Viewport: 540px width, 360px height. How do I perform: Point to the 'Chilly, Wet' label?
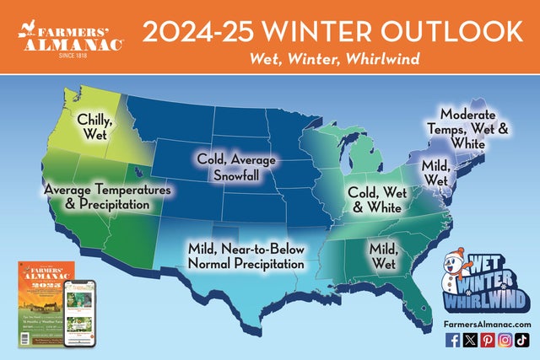pos(95,125)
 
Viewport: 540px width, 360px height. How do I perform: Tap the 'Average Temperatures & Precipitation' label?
pos(107,197)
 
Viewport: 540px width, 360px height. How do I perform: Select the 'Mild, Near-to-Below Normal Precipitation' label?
pos(245,256)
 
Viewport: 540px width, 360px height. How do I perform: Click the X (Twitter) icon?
pos(469,341)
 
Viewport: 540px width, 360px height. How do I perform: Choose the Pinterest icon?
pos(487,341)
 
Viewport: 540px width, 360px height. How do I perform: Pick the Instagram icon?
pos(505,341)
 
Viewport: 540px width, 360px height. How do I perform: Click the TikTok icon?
pos(522,341)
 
